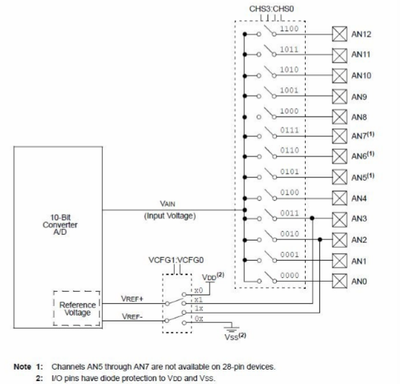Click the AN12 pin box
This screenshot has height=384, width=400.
click(x=340, y=34)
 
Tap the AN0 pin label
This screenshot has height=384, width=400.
click(x=359, y=282)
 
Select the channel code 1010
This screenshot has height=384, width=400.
click(x=289, y=69)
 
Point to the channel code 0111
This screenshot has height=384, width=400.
click(x=289, y=130)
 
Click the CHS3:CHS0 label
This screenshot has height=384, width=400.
click(x=271, y=9)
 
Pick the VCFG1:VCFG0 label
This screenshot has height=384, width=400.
click(x=176, y=260)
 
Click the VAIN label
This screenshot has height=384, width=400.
click(x=168, y=204)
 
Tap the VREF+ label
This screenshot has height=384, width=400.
click(x=132, y=298)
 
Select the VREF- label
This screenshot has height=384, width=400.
click(x=132, y=316)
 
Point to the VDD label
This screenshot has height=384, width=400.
click(x=212, y=277)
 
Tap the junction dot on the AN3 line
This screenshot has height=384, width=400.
click(x=312, y=218)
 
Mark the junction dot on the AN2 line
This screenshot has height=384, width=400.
click(x=320, y=239)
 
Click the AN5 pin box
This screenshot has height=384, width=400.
click(x=340, y=177)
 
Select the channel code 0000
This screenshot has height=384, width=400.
click(x=289, y=275)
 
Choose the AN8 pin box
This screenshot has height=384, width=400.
click(x=340, y=117)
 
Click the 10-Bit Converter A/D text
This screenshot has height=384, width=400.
click(x=60, y=225)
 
